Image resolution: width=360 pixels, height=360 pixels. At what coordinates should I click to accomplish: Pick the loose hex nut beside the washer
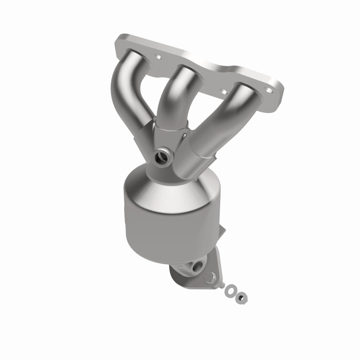click(242, 297)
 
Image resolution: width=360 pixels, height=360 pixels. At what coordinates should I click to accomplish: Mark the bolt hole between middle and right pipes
click(224, 90)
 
